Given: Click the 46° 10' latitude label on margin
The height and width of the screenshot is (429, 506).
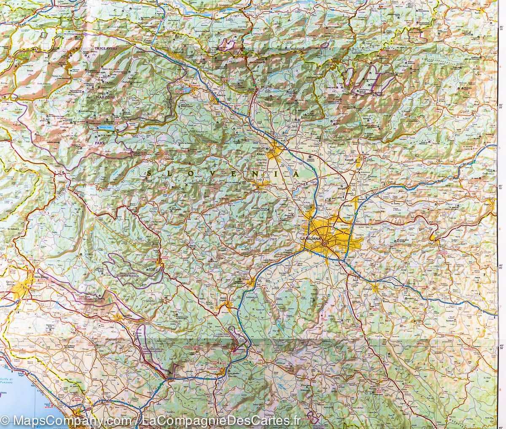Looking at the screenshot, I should [x=501, y=187].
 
